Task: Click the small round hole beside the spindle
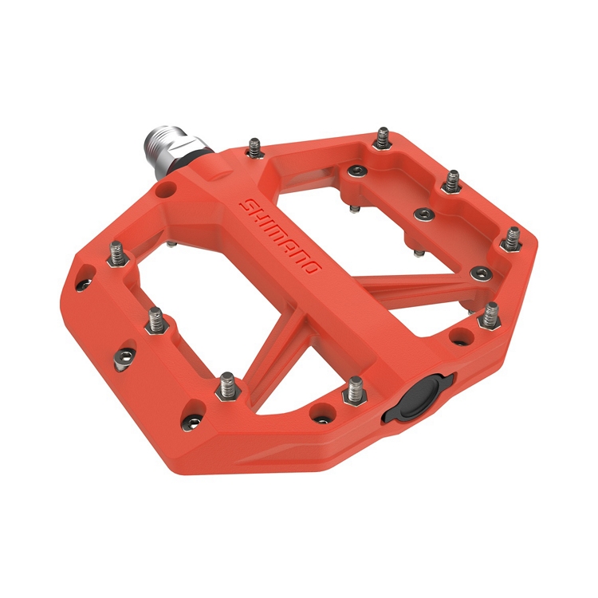tap(165, 190)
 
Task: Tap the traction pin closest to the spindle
tap(254, 147)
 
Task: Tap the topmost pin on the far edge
tap(384, 136)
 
